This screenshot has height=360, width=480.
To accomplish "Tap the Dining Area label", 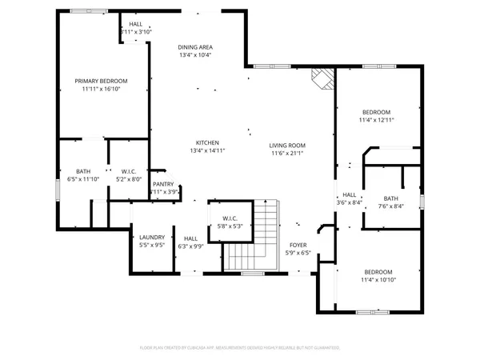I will [195, 47].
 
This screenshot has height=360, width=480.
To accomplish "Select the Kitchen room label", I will [206, 142].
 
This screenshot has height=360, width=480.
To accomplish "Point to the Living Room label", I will [287, 145].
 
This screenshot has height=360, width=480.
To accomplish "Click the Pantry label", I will [163, 184].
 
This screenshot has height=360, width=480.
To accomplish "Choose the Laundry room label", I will [151, 238].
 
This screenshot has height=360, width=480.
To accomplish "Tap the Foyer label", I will [298, 246].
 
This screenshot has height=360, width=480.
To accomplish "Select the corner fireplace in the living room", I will [322, 78].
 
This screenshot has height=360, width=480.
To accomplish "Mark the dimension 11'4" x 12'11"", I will [377, 120].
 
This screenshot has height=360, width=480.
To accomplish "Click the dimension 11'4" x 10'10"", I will [378, 280].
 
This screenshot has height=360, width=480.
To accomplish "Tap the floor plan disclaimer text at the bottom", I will [240, 348].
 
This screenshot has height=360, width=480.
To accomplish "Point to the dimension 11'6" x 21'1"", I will [287, 153].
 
